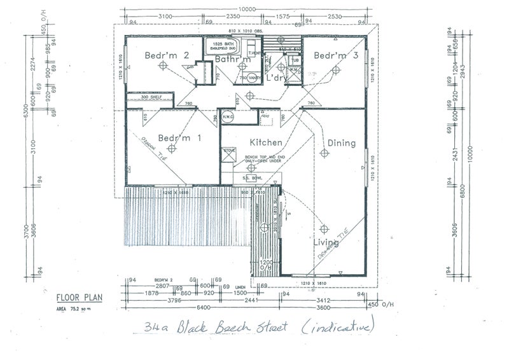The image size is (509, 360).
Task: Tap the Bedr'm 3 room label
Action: coord(336,55)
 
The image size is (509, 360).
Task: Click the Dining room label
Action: coord(341,143)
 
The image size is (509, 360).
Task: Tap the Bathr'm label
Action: coord(231,60)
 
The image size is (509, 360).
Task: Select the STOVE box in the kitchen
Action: coord(229,151)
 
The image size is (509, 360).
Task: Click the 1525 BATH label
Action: coord(228,42)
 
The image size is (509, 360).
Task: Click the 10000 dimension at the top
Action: coord(248,9)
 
